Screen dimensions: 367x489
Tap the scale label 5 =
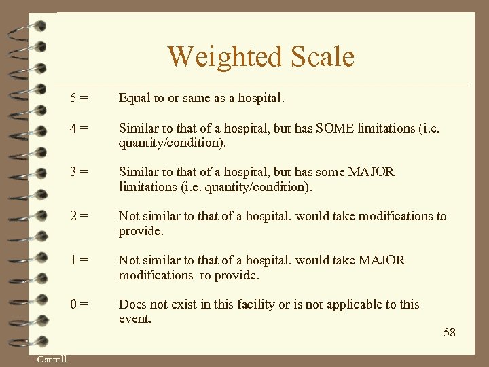tap(79, 98)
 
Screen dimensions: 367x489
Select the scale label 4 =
tap(79, 128)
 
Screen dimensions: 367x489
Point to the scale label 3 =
tap(79, 172)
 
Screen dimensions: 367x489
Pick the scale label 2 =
tap(79, 216)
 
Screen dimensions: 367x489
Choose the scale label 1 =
tap(79, 260)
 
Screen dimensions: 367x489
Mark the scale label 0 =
tap(79, 304)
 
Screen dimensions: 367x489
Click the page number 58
tap(450, 332)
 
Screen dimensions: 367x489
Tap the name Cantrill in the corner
tap(52, 359)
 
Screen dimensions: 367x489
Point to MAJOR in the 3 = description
tap(371, 172)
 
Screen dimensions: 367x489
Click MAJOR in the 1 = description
tap(382, 260)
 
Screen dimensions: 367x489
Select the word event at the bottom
tap(134, 319)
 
